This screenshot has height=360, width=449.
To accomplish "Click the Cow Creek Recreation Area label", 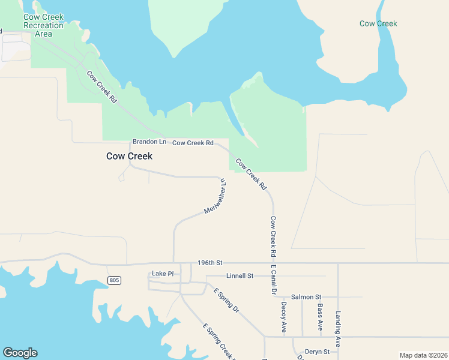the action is [x=43, y=25].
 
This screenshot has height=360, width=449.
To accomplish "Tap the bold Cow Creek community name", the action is [x=129, y=156].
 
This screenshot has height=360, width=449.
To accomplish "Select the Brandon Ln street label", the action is [x=149, y=142].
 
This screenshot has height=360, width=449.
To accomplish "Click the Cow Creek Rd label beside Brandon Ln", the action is [x=193, y=143].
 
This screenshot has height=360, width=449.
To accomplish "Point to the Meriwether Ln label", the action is [x=215, y=196].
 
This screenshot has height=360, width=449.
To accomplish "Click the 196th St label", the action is [x=210, y=263].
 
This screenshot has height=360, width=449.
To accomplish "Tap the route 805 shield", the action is [x=114, y=280].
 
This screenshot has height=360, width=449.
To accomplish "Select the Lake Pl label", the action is [x=163, y=274].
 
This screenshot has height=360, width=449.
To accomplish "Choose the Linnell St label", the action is [x=240, y=276].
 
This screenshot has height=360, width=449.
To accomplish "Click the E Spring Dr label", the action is [x=226, y=301].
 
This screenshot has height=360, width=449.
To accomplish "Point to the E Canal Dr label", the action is [x=273, y=280].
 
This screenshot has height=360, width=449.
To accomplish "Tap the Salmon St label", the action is [x=306, y=297].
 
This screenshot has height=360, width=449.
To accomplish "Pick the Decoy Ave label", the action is [x=283, y=317].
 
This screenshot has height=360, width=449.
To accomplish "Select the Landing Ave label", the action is [x=339, y=329].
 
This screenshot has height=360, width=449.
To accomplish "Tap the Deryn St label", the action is [x=318, y=352].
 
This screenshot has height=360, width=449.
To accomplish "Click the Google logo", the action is [x=20, y=353].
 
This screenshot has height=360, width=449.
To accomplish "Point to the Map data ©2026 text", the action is [x=423, y=355].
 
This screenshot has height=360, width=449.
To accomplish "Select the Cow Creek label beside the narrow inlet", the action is [x=378, y=24].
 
